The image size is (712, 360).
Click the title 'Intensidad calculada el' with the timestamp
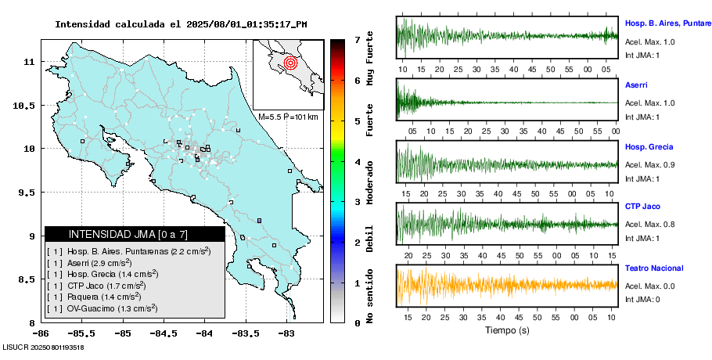pos(181,24)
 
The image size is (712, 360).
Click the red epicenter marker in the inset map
pos(290,62)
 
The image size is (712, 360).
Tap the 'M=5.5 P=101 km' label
pos(288,117)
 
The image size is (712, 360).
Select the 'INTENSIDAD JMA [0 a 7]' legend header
pos(135,234)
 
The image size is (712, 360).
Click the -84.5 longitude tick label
pos(164,333)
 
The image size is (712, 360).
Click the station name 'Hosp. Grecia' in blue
pos(649,146)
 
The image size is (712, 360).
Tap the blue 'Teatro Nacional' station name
pos(654,268)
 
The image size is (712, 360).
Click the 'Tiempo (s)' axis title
pos(506,330)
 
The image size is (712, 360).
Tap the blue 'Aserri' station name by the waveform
pos(636,84)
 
